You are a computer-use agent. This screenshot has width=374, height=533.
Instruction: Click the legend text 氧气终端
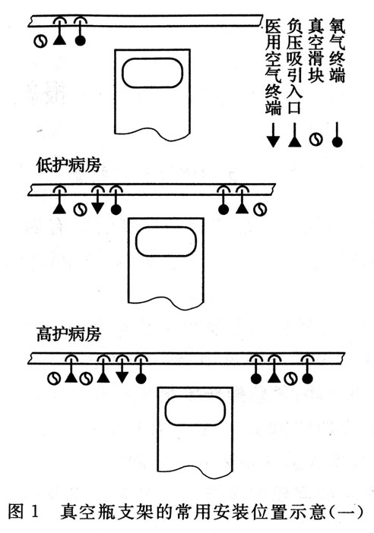click(x=337, y=50)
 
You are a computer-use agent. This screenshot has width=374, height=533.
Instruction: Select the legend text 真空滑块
click(x=315, y=50)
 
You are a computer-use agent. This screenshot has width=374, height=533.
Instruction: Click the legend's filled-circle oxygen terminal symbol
click(x=337, y=134)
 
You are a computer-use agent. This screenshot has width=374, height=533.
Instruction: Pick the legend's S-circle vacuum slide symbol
click(x=315, y=140)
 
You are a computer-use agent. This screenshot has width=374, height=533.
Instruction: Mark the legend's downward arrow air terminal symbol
click(x=273, y=135)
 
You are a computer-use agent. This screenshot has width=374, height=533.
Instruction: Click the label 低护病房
click(x=68, y=166)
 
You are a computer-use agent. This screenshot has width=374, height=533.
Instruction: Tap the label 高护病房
click(x=68, y=334)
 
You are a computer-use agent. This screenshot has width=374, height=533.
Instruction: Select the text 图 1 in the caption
click(x=24, y=512)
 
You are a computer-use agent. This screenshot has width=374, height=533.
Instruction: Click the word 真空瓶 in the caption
click(x=86, y=512)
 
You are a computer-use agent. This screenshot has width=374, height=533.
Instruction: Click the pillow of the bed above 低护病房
click(x=153, y=73)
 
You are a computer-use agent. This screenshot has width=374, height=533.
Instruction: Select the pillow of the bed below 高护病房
click(x=195, y=411)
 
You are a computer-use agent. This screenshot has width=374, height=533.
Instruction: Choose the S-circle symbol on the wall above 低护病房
click(x=40, y=42)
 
